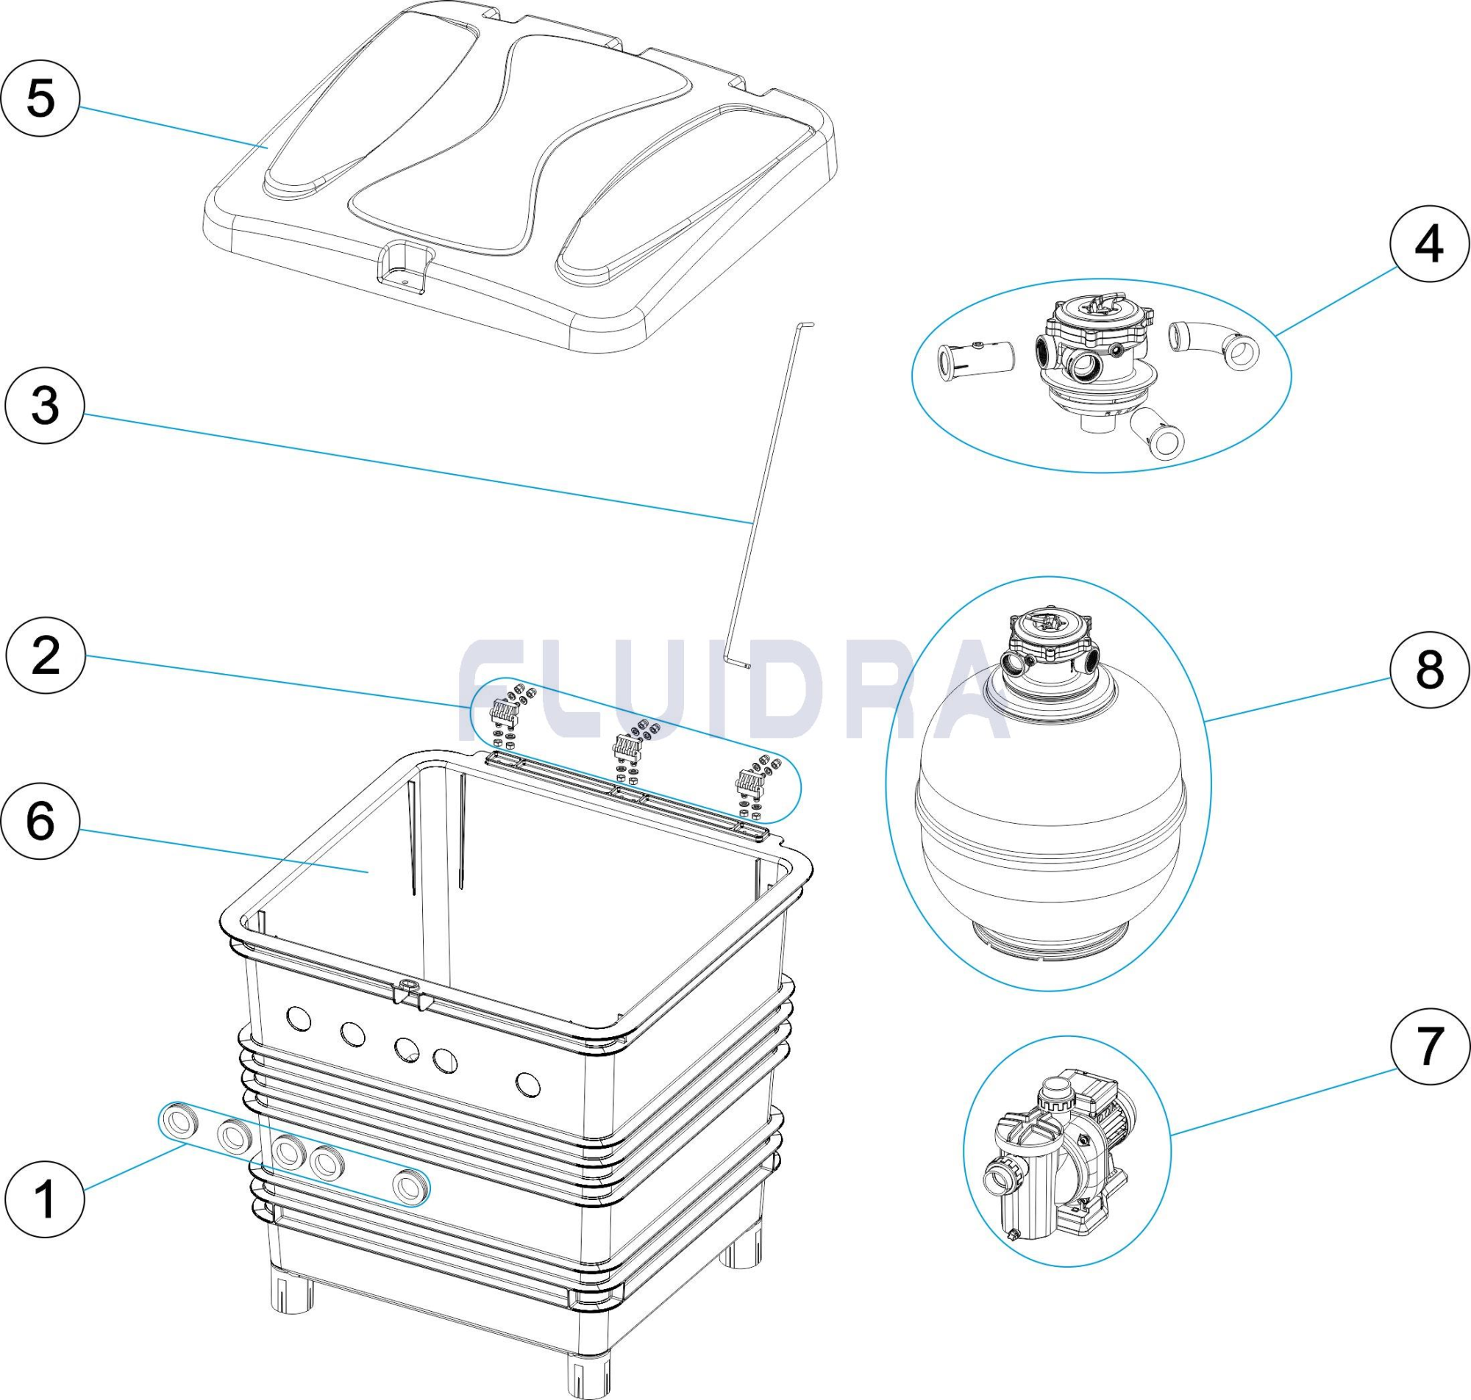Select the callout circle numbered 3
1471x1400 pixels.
pyautogui.click(x=45, y=406)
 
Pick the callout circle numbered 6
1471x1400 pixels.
pyautogui.click(x=40, y=821)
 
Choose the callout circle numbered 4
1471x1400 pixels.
pyautogui.click(x=1429, y=244)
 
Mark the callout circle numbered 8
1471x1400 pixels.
pyautogui.click(x=1429, y=670)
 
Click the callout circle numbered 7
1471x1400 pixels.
pyautogui.click(x=1429, y=1046)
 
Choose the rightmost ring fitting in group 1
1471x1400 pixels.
pyautogui.click(x=410, y=1187)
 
